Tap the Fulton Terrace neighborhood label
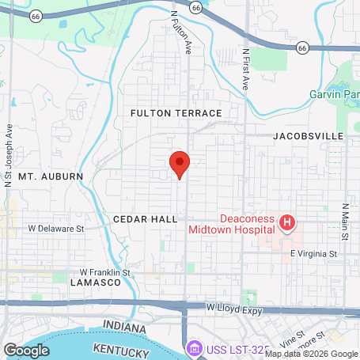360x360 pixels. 176,114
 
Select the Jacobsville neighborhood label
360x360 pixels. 309,136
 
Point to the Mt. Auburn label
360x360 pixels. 50,175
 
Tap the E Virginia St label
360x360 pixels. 313,254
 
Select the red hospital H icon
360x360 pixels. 286,224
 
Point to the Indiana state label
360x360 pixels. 126,327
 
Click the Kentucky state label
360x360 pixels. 121,349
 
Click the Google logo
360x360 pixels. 27,350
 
